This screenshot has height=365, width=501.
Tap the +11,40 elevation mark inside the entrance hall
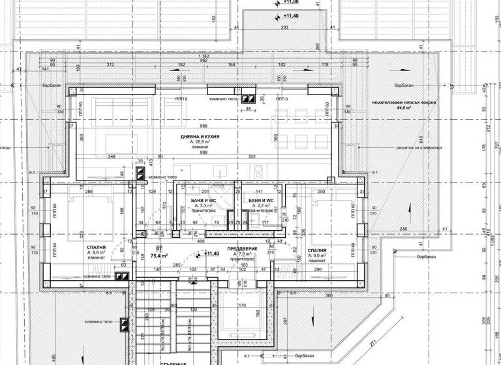[211, 254]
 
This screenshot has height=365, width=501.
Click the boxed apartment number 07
[159, 248]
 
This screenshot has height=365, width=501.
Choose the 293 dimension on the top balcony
[284, 28]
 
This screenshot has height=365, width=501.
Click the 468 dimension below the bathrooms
[202, 241]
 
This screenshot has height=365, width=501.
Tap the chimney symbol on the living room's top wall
[247, 99]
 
